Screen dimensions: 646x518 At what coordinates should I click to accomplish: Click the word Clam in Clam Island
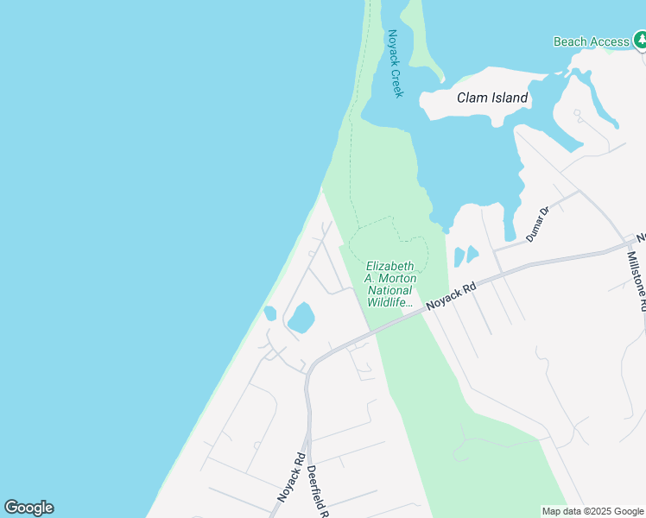[472, 98]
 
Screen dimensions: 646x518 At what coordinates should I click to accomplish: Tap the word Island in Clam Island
[510, 98]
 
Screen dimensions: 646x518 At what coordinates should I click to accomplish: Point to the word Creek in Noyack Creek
[397, 80]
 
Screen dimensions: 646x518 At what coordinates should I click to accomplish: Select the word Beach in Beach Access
[571, 41]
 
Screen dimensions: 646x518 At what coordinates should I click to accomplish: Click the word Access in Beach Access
[610, 41]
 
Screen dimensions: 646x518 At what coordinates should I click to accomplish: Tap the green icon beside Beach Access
[640, 40]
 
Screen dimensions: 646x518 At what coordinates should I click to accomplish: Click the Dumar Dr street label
[537, 224]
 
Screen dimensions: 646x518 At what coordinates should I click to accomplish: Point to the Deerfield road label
[317, 490]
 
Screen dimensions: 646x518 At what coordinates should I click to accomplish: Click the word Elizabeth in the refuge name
[389, 266]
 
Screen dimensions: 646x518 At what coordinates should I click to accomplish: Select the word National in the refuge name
[390, 290]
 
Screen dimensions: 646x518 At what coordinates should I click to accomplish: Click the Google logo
[28, 508]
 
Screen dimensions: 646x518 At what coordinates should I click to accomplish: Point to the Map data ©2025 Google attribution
[592, 511]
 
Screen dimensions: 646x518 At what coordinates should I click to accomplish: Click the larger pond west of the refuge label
[301, 318]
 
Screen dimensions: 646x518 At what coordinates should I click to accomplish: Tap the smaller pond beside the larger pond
[269, 313]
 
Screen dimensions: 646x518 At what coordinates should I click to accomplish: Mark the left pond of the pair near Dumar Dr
[459, 256]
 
